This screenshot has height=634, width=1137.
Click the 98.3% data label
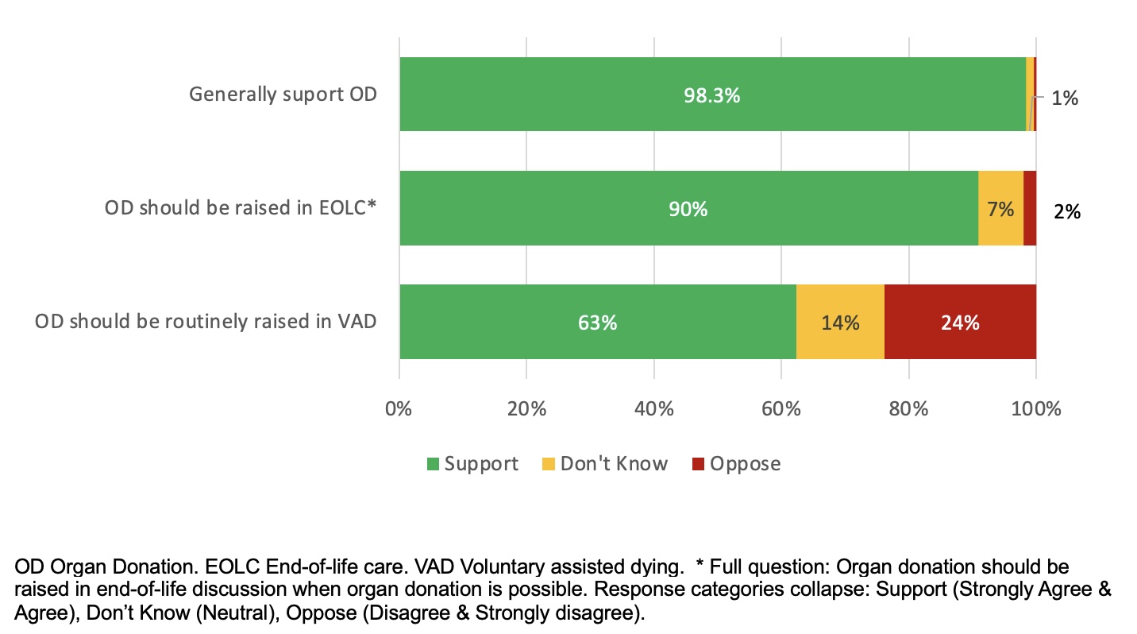[712, 95]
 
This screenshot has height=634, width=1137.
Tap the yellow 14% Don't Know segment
[840, 323]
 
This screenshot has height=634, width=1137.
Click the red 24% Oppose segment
[960, 323]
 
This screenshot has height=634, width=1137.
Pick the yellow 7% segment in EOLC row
[1000, 209]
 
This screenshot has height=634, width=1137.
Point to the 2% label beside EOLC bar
[1067, 211]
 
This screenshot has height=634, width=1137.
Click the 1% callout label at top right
[1065, 99]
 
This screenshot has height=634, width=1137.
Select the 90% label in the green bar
[688, 209]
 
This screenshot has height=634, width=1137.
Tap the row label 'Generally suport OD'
[283, 95]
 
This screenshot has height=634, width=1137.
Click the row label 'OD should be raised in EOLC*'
[240, 208]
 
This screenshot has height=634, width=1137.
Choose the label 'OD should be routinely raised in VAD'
[206, 322]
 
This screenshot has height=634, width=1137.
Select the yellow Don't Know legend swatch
[549, 464]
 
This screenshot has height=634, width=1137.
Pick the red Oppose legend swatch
[698, 464]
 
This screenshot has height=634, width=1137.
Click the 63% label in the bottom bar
[597, 323]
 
